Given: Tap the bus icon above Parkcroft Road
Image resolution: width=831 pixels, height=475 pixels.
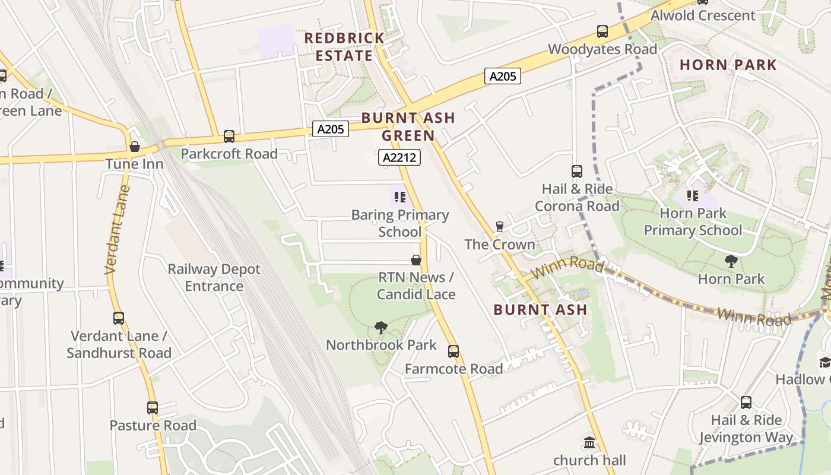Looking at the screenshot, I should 229,137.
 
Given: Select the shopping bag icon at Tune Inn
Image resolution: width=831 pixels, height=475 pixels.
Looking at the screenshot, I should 135,147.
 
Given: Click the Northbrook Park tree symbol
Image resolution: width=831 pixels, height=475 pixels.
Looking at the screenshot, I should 381,327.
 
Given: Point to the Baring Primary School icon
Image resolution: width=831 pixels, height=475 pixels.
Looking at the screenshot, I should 399,197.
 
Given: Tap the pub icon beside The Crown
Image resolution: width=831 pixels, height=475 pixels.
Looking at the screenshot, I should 499,226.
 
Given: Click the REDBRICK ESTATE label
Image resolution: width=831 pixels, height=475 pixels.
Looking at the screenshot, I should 344,47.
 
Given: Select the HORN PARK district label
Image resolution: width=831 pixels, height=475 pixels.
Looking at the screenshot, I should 728,65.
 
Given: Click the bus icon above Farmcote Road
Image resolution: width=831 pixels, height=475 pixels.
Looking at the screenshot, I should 453,351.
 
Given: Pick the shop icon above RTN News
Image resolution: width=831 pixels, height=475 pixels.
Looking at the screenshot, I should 416,260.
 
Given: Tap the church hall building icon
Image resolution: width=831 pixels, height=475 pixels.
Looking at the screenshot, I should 589,442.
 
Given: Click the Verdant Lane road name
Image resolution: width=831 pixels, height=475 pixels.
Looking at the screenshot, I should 118,230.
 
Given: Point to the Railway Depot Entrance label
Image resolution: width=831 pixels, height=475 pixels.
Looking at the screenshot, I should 214,277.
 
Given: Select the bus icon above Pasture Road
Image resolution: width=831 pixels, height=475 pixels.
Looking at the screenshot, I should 153,408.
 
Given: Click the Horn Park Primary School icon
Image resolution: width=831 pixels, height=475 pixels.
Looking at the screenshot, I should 692,195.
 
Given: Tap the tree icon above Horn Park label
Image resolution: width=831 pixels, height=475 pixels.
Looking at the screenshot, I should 731,261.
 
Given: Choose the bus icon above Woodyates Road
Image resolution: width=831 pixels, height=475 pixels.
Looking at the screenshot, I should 602,31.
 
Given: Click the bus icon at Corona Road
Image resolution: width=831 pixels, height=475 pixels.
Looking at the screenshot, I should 577,172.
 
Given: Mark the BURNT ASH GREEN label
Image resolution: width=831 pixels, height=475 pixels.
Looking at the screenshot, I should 408,126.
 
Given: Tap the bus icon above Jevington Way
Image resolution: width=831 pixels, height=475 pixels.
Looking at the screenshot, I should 746,403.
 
